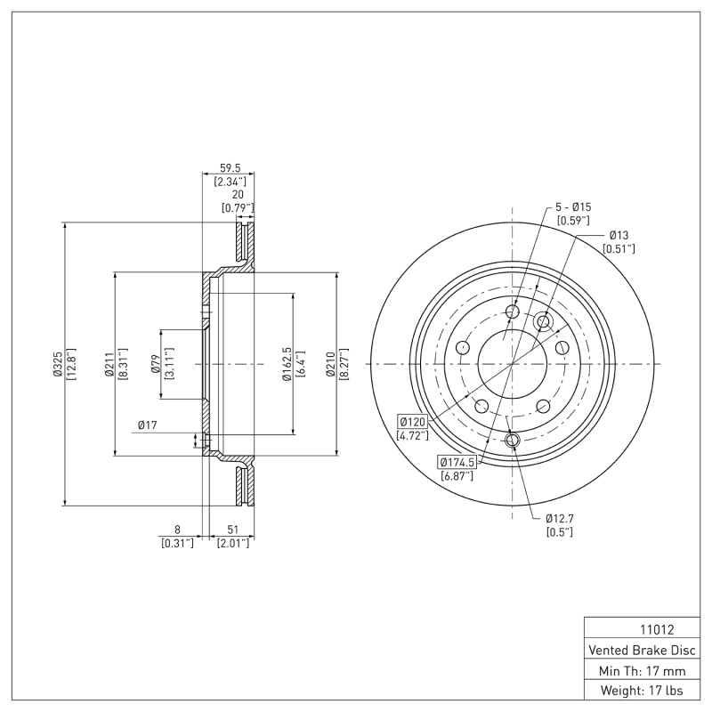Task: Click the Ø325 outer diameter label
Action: (58, 364)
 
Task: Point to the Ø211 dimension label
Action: (108, 364)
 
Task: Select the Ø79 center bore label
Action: (154, 364)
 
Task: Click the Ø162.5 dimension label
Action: (287, 364)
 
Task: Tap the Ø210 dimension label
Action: (329, 364)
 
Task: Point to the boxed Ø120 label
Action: (414, 421)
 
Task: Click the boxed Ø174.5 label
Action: (457, 462)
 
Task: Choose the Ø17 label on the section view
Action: (148, 425)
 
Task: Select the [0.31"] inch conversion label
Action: (177, 542)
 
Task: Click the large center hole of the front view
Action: (513, 364)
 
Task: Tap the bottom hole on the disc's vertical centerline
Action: (513, 440)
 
